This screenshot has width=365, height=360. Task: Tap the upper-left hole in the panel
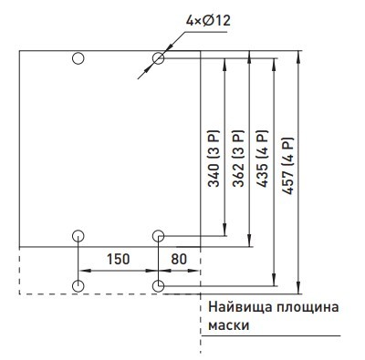78,59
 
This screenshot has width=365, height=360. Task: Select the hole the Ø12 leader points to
159,59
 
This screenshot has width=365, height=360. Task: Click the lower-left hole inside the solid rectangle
78,236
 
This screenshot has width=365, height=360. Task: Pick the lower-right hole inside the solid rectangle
159,236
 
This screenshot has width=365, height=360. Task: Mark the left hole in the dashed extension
78,286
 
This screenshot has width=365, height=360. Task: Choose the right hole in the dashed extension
159,286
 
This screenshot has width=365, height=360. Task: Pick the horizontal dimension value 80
179,258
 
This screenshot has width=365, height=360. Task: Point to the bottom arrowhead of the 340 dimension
224,231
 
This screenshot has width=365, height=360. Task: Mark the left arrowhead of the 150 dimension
83,270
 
